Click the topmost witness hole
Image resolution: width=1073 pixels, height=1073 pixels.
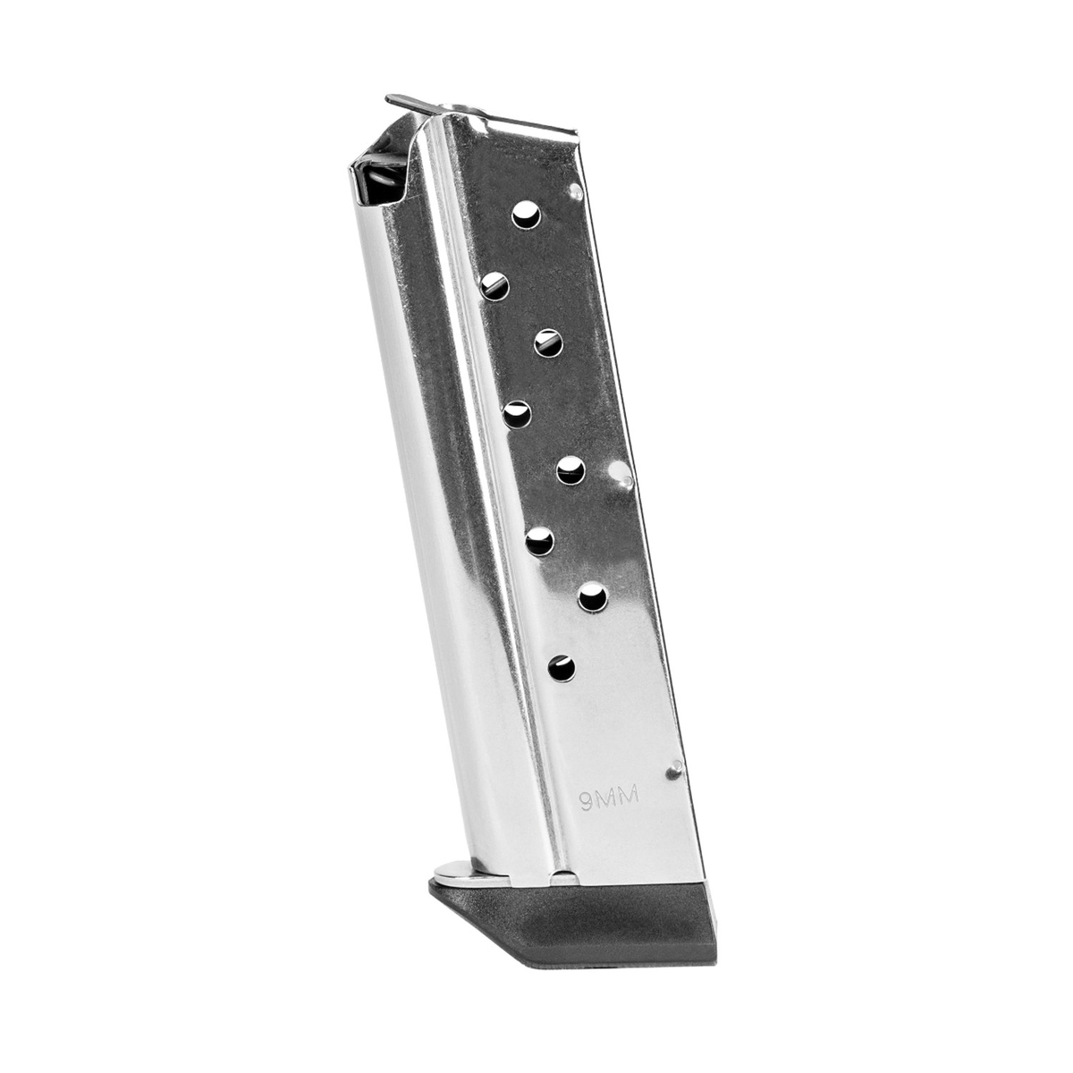click(x=526, y=215)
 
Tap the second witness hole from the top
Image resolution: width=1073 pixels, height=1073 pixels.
click(x=494, y=285)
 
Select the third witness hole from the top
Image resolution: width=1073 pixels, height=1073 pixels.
click(x=548, y=342)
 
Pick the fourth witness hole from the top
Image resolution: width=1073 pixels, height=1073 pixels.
click(x=517, y=414)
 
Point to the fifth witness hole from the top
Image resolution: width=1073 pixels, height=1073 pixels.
click(x=571, y=469)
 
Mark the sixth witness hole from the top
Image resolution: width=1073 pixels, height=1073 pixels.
click(x=539, y=541)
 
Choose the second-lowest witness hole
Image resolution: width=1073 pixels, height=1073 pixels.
click(x=593, y=597)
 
